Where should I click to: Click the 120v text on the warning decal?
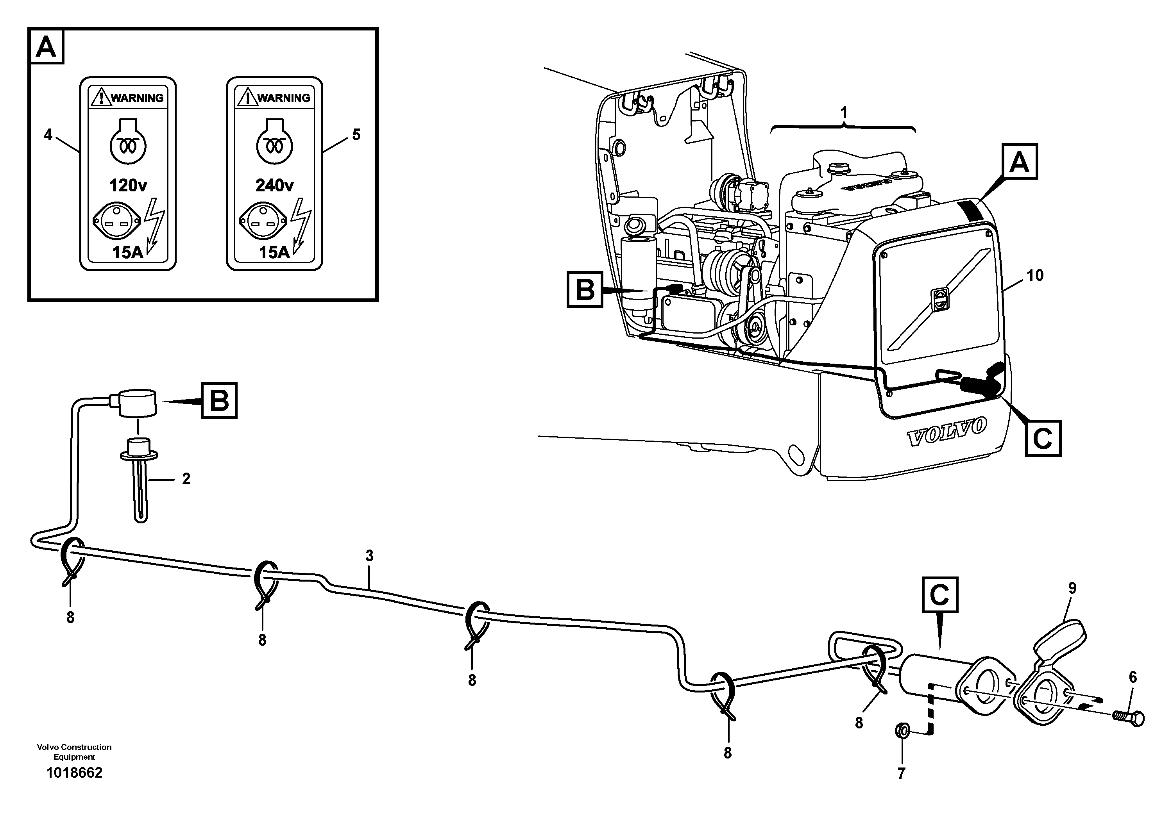(128, 186)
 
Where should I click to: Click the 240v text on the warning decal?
(274, 186)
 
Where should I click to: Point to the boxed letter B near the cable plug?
(219, 401)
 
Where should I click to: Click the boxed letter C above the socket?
(939, 595)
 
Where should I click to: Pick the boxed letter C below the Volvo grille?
(1043, 438)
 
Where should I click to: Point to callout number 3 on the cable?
(369, 556)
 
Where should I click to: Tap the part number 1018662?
(75, 773)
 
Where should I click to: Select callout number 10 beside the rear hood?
(1035, 275)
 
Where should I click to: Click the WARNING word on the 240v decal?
(284, 98)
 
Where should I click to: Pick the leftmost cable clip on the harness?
(70, 561)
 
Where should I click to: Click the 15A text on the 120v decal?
(128, 252)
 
